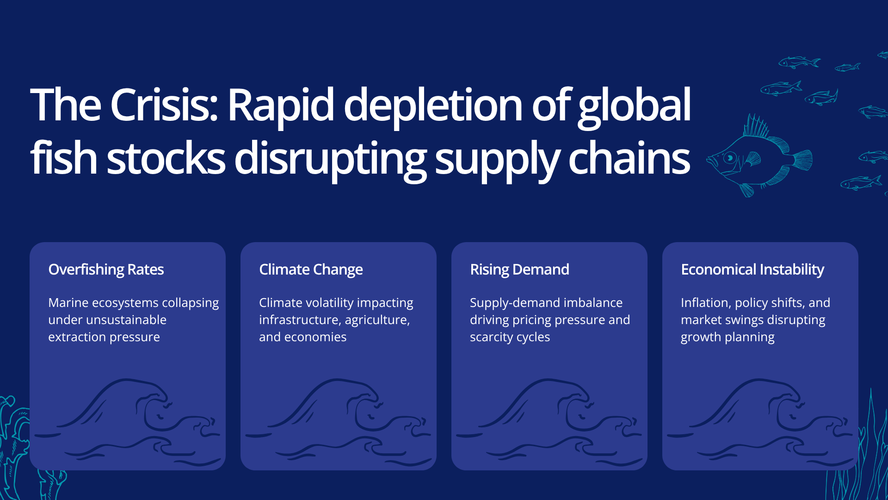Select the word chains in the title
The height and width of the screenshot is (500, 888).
pos(629,158)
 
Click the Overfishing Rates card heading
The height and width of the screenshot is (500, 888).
pos(106,270)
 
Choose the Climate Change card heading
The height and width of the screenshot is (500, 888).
pos(311,270)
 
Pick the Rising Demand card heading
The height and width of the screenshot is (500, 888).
pos(519,270)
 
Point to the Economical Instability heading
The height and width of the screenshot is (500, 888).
pos(752,270)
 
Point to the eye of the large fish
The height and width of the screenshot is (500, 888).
pos(730,157)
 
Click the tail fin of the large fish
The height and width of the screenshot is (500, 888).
pos(803,160)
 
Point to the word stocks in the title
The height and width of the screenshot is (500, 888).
pos(166,158)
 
